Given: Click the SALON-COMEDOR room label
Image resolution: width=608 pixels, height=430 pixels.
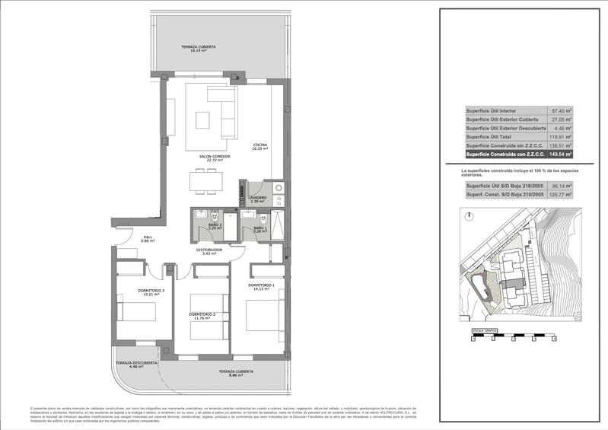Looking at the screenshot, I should (215, 157).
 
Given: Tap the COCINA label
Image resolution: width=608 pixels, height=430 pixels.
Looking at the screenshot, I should (261, 145).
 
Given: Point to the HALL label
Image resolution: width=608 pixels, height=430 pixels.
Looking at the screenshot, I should (148, 237).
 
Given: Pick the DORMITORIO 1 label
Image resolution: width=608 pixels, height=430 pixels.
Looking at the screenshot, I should (260, 285).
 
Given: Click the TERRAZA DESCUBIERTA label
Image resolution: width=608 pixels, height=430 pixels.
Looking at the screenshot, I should (137, 363).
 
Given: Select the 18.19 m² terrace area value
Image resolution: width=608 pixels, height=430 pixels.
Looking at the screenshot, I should (199, 51).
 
